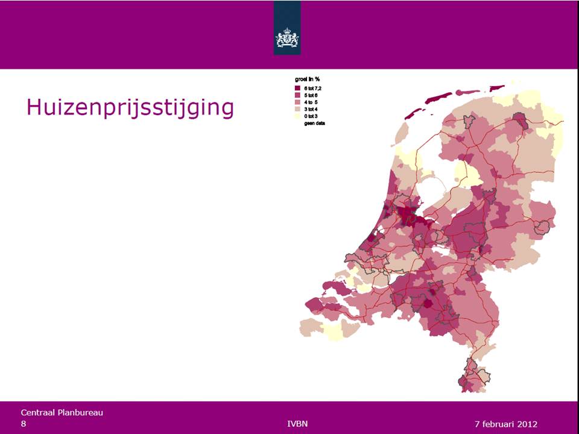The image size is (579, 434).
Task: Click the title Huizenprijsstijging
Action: [x=130, y=107]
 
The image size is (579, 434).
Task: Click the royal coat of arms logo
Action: [x=287, y=38]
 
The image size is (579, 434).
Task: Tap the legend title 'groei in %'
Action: [x=307, y=80]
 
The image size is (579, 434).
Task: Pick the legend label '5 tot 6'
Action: [x=312, y=95]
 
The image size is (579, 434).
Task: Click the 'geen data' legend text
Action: [x=314, y=122]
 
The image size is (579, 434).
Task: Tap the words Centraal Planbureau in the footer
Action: [x=62, y=412]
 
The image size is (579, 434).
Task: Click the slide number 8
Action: [x=24, y=424]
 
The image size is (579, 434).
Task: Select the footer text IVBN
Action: [x=298, y=423]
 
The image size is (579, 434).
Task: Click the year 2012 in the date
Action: [x=525, y=424]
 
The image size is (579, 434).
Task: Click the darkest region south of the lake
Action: [x=410, y=215]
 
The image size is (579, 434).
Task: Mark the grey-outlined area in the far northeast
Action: [x=520, y=122]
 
